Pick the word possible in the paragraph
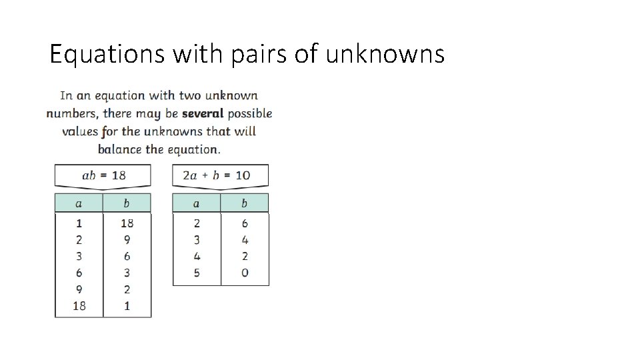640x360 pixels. [250, 113]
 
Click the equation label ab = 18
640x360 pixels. [103, 175]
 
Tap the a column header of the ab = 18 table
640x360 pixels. [79, 203]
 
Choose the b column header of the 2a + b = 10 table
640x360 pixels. [245, 203]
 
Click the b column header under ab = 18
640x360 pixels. [127, 203]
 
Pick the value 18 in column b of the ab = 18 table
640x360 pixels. [127, 223]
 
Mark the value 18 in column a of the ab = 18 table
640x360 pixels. [79, 306]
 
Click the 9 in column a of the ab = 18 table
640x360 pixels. [79, 289]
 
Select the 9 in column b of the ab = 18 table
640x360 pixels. [127, 240]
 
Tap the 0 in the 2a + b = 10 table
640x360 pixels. [245, 273]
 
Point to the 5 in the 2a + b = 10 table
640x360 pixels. [197, 273]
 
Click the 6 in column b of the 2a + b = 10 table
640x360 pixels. [245, 223]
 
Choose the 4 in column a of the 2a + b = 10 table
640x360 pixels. [197, 256]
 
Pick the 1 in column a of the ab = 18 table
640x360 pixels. [79, 223]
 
